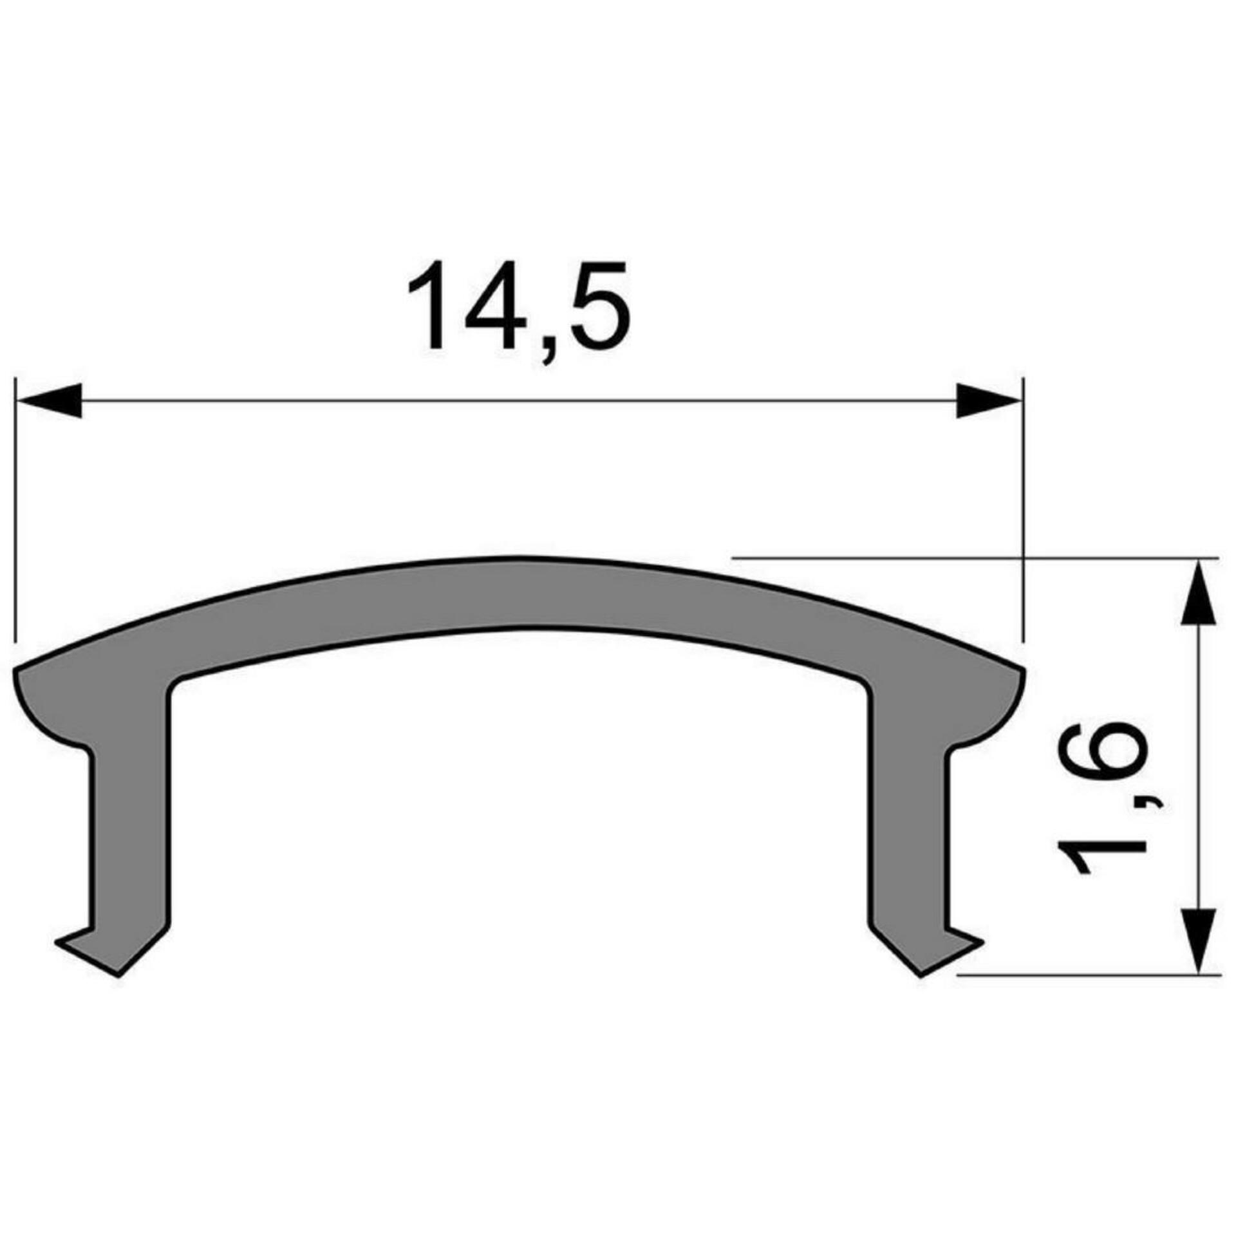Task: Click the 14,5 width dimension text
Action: [518, 306]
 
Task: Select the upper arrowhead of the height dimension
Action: [1198, 593]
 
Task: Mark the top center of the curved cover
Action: [519, 592]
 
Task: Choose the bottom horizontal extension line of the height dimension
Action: [1088, 993]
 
